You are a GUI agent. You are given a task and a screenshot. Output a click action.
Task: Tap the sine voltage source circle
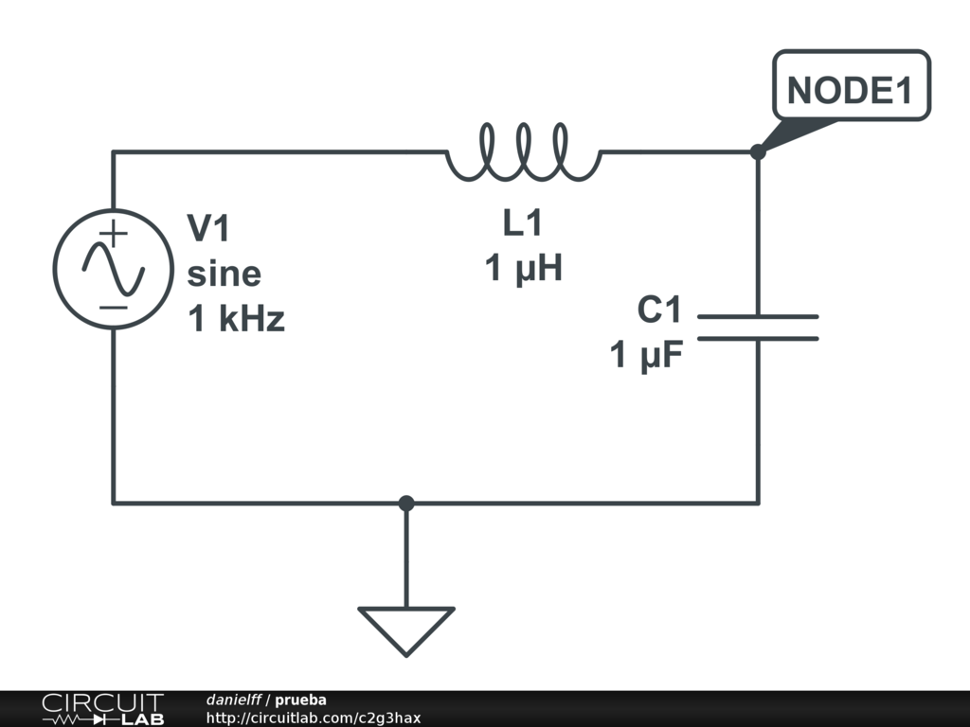(113, 269)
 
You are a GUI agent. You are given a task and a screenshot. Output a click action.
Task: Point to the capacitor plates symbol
(758, 328)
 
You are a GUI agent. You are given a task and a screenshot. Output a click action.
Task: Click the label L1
(523, 224)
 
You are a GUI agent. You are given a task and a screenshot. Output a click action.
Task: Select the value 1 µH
(524, 269)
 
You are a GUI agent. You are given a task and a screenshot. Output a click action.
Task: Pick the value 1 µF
(647, 356)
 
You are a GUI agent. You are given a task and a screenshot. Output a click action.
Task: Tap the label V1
(208, 228)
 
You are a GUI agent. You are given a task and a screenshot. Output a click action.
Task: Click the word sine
(224, 274)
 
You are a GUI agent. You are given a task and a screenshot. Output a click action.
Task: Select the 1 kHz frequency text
(236, 320)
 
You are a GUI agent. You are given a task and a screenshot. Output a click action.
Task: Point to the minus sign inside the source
(113, 307)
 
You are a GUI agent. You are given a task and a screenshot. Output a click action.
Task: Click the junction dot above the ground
(406, 503)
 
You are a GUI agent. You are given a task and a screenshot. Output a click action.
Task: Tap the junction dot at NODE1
(758, 151)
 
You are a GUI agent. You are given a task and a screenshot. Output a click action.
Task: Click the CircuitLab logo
(102, 709)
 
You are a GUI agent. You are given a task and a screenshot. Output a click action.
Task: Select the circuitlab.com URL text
(313, 718)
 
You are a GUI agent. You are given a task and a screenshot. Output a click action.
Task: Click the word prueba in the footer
(300, 700)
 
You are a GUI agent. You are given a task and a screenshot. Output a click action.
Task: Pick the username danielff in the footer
(234, 700)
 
